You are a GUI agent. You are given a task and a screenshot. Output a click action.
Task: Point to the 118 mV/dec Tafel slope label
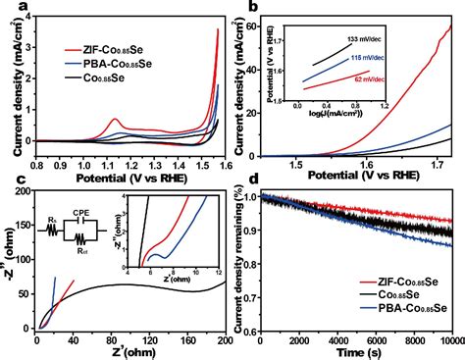[372, 58]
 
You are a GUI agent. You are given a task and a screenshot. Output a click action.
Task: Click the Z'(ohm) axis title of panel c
[120, 351]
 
